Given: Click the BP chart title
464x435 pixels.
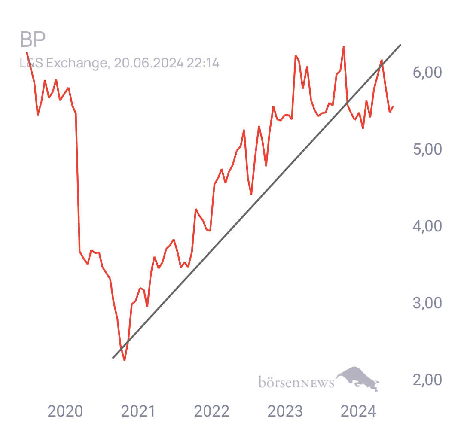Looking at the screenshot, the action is point(33,39).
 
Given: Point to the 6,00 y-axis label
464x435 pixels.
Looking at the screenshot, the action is point(427,73).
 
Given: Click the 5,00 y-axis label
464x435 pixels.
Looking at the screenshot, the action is point(427,149).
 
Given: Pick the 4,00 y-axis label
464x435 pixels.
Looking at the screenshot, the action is point(427,226).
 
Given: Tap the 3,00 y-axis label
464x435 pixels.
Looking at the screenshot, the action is point(427,303).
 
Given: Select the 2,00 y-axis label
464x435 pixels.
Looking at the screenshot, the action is point(427,380).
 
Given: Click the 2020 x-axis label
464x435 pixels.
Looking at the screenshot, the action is point(65,411).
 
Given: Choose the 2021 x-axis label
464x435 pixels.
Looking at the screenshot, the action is point(138,411).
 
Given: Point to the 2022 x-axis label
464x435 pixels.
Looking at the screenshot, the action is point(211,411).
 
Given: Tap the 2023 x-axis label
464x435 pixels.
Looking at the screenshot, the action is point(285,411).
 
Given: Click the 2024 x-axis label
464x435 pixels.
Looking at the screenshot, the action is point(358,411).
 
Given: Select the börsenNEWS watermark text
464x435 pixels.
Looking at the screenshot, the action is point(296,382).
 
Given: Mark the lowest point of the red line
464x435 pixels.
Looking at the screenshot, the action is point(125,360).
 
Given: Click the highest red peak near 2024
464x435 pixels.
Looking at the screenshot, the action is point(344,47).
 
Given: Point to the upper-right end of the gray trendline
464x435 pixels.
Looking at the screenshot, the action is point(400,45).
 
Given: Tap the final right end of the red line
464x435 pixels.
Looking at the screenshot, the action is point(393,107).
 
